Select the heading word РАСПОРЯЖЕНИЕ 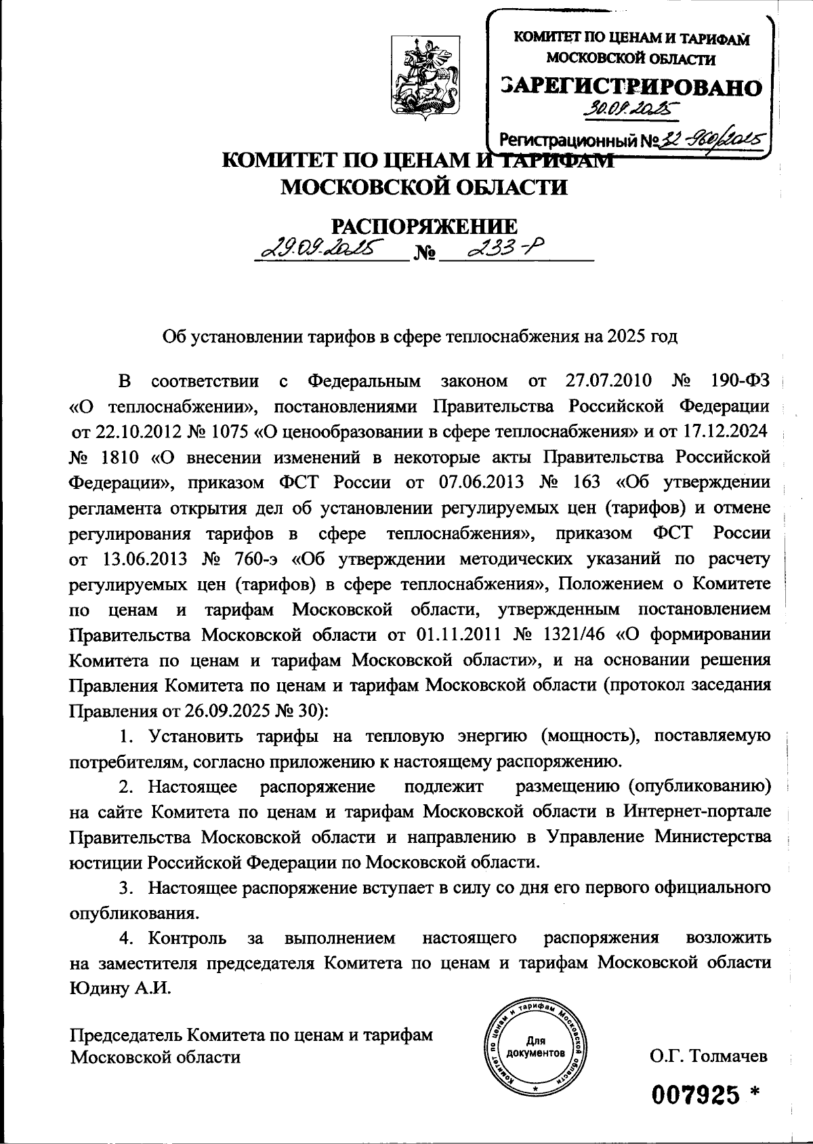[423, 226]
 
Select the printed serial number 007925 [695, 1093]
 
